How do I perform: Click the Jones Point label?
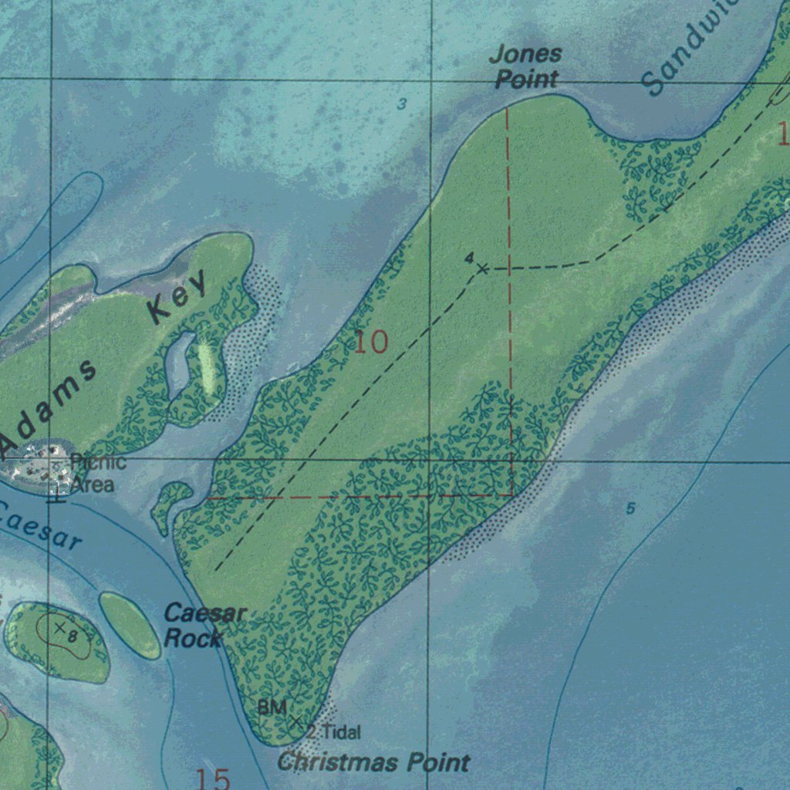(x=527, y=66)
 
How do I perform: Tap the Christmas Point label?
(x=373, y=763)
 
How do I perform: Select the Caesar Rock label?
(x=204, y=626)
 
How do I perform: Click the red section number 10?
(x=371, y=342)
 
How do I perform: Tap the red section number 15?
(x=213, y=778)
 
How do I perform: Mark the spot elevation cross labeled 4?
(x=482, y=268)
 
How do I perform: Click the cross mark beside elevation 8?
(x=59, y=628)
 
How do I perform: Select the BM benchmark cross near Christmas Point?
(x=295, y=721)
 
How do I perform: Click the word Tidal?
(x=340, y=732)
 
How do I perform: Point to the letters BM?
(x=272, y=707)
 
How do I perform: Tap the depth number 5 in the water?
(x=630, y=508)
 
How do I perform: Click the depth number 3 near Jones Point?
(x=401, y=104)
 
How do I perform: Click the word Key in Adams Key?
(x=178, y=298)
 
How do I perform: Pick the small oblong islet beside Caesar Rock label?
(x=130, y=626)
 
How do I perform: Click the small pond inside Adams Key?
(x=178, y=363)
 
